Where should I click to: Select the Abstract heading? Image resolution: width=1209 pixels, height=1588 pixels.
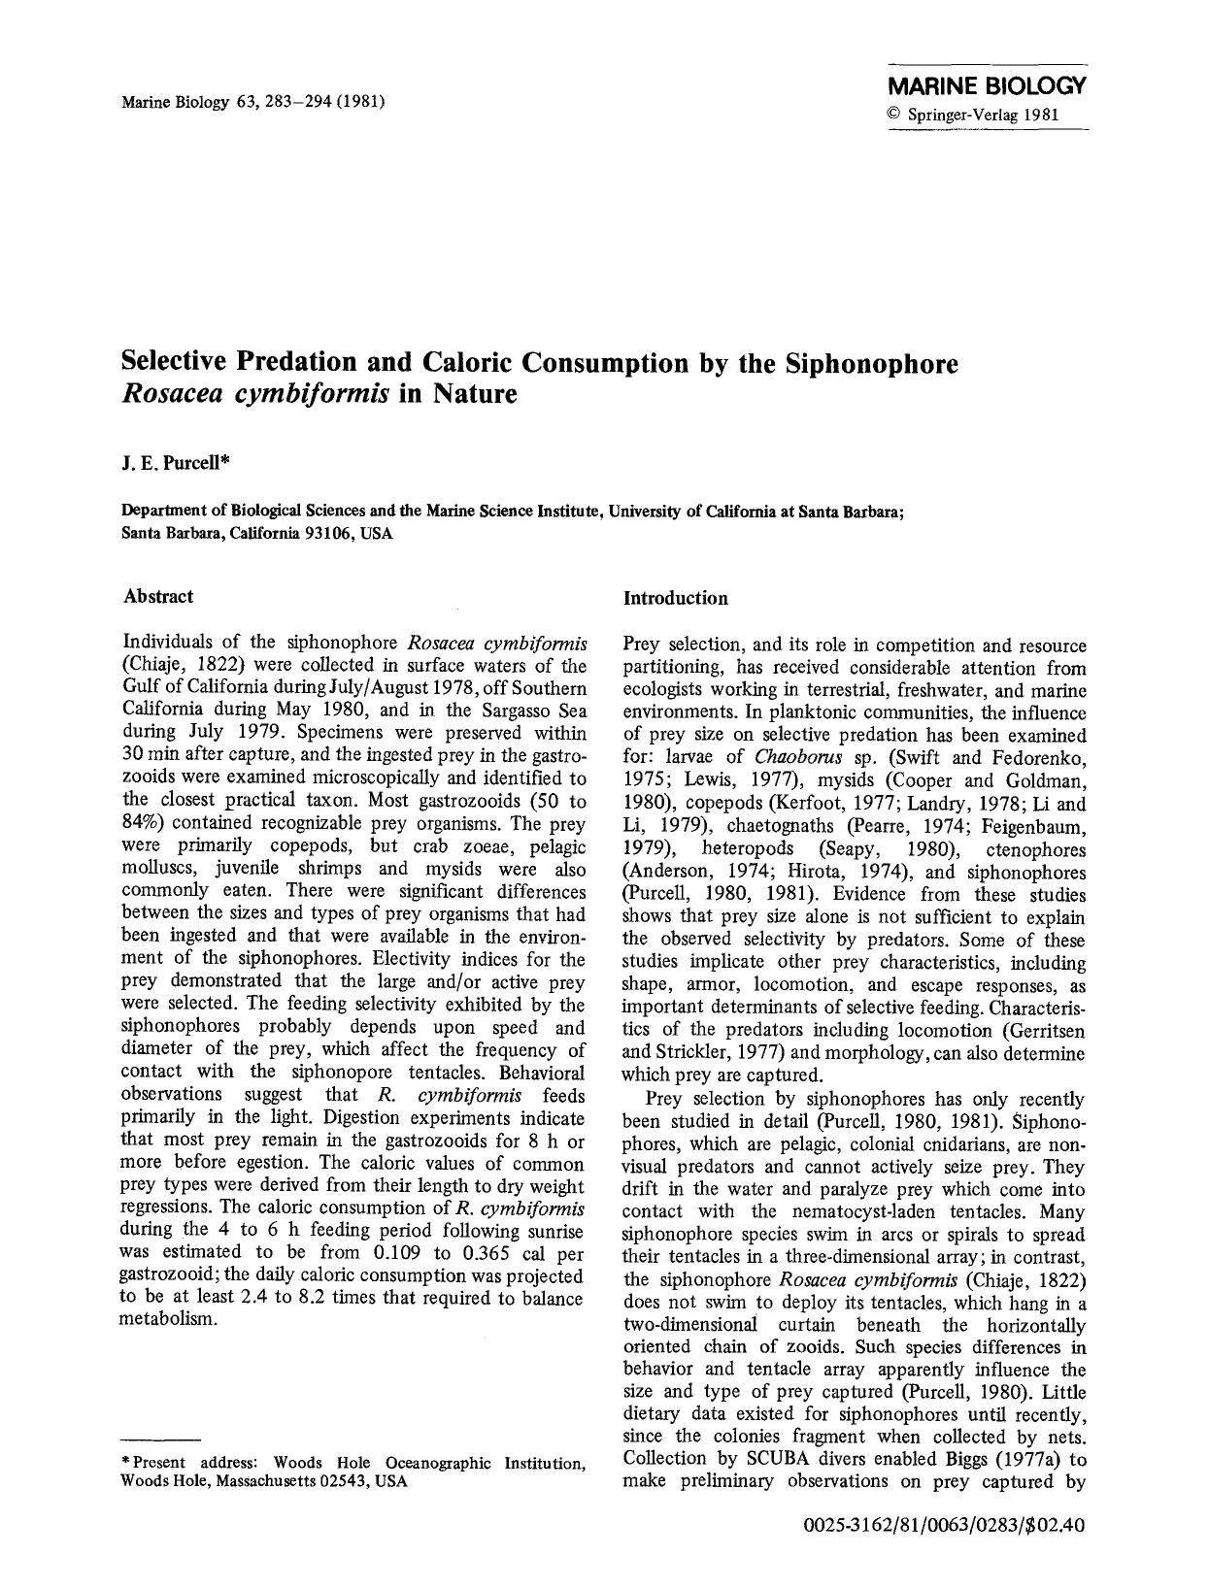(158, 596)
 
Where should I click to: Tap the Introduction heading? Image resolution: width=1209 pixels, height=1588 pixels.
(675, 598)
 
